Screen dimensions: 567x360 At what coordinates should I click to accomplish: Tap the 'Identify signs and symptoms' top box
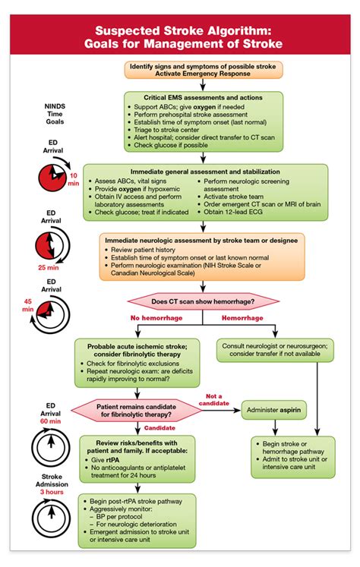click(204, 70)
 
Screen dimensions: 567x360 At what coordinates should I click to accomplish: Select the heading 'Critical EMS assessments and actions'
click(203, 98)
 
